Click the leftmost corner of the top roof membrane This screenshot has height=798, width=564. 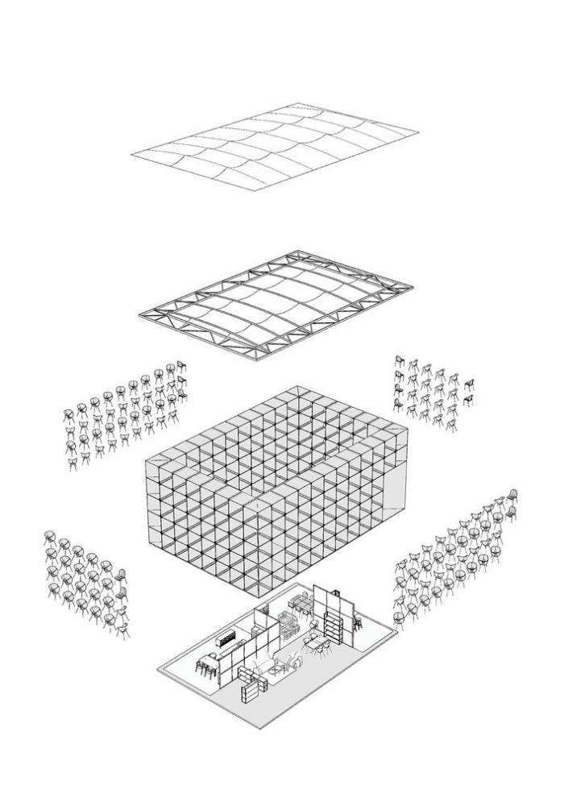point(131,153)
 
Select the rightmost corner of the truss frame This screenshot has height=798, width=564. point(414,284)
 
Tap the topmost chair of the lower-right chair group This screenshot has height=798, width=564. point(511,493)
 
